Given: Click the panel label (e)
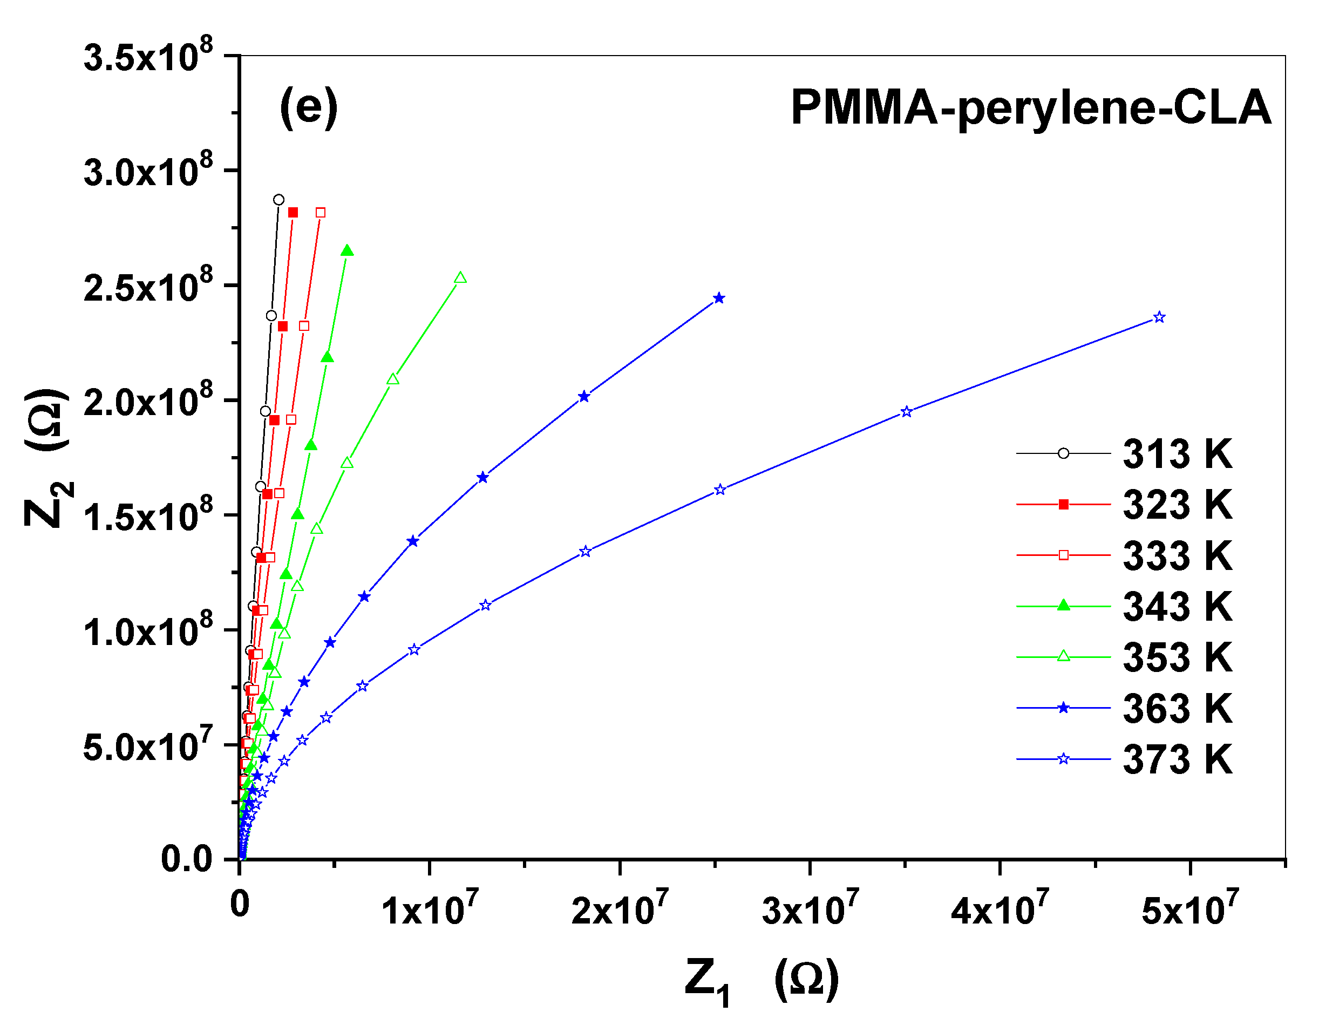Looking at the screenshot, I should pos(308,107).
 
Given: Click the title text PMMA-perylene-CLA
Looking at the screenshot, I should pos(1030,108).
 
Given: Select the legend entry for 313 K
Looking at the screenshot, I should pos(1177,454).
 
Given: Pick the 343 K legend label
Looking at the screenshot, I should pos(1177,607).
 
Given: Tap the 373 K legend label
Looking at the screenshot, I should pos(1177,759).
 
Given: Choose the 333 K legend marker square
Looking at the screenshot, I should pos(1063,555).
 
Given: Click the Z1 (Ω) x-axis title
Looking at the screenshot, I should pos(762,980).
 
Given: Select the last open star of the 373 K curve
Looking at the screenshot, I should pos(1159,317).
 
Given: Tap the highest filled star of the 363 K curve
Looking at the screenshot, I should pos(719,298).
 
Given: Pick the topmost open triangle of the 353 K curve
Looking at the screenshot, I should pos(460,278).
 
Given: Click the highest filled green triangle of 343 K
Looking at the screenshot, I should pos(347,251).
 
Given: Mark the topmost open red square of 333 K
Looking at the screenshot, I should pos(320,213).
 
